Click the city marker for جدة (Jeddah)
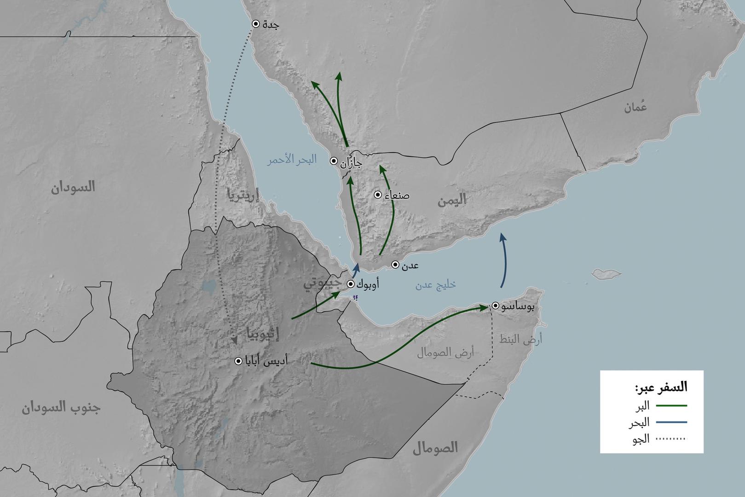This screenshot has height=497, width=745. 256,24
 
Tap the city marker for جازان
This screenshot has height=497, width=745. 334,161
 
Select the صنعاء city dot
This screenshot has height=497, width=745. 378,195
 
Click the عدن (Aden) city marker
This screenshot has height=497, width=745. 395,264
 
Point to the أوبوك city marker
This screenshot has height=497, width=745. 351,284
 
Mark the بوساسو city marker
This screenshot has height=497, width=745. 496,306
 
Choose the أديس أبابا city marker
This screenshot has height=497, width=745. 238,361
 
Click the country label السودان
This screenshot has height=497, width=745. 73,187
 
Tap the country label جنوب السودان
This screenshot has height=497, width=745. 61,408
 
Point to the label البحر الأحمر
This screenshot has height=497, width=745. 292,161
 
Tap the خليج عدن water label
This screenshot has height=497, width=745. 435,284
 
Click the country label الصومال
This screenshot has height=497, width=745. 435,447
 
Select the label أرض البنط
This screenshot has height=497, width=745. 520,340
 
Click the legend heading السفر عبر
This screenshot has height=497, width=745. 661,387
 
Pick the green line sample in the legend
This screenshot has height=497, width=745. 671,405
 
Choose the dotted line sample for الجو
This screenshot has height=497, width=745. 671,439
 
